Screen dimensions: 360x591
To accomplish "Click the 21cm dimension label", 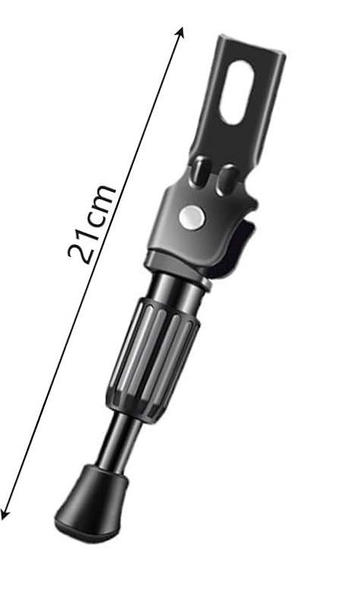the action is (x=91, y=224).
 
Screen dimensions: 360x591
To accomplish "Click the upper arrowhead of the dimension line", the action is (x=181, y=32).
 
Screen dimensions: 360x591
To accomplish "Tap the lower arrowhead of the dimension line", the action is (x=5, y=513).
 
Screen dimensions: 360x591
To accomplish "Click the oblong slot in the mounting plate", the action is (x=236, y=93).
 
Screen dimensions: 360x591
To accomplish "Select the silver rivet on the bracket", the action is (x=192, y=218).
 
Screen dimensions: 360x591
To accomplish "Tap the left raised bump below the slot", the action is (x=200, y=171).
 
